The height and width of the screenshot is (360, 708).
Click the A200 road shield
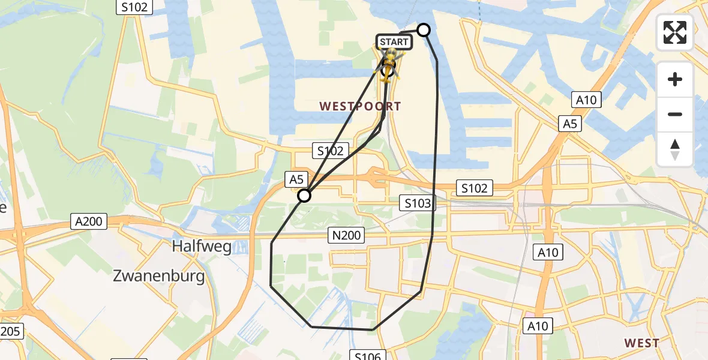click(x=89, y=221)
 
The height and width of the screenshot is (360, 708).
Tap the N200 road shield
click(x=346, y=235)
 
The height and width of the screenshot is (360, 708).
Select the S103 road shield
click(x=417, y=203)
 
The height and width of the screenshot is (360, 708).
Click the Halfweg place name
click(x=202, y=247)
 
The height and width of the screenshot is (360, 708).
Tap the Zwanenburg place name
click(x=159, y=277)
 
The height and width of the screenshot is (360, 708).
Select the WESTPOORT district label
click(x=360, y=106)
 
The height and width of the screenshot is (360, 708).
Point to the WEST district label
click(x=641, y=343)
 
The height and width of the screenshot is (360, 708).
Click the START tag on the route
click(x=394, y=42)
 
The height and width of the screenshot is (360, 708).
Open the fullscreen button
click(x=675, y=32)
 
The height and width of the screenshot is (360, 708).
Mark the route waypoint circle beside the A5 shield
click(x=304, y=196)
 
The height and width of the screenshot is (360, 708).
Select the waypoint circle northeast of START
click(x=424, y=30)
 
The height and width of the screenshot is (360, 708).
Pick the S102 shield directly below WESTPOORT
click(x=329, y=151)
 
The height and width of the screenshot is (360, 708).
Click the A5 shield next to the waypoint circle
click(x=297, y=178)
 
